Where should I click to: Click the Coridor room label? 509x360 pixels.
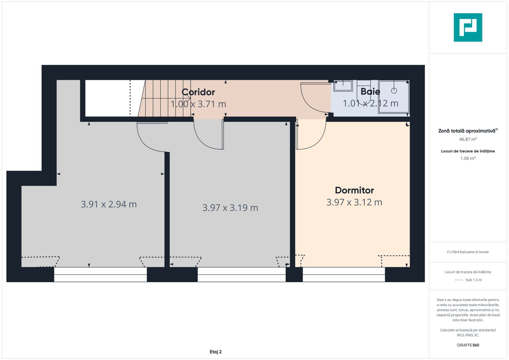[x=198, y=92]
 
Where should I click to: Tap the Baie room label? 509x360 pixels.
[x=370, y=91]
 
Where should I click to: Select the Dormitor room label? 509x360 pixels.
[x=354, y=190]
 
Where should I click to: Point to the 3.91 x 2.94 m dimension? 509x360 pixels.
[x=109, y=204]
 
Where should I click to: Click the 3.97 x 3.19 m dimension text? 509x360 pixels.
[x=230, y=208]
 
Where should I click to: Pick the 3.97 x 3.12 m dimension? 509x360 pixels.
[x=354, y=202]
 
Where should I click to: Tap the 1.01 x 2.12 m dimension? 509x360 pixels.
[x=371, y=103]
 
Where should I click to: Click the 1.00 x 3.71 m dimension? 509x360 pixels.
[x=198, y=104]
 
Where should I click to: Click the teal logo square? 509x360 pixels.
[x=468, y=27]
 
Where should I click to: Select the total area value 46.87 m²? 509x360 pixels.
[x=468, y=139]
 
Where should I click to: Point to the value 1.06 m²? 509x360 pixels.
[x=468, y=158]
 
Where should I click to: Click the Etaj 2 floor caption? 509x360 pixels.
[x=216, y=352]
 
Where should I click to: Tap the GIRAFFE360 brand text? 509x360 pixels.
[x=468, y=345]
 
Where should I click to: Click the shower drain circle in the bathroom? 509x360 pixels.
[x=394, y=90]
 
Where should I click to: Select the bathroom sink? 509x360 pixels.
[x=343, y=86]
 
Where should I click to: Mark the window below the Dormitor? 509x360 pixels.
[x=344, y=274]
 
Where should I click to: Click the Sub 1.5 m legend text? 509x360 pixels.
[x=473, y=280]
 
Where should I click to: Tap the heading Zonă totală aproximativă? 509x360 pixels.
[x=467, y=131]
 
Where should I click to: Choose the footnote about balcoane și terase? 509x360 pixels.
[x=468, y=252]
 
